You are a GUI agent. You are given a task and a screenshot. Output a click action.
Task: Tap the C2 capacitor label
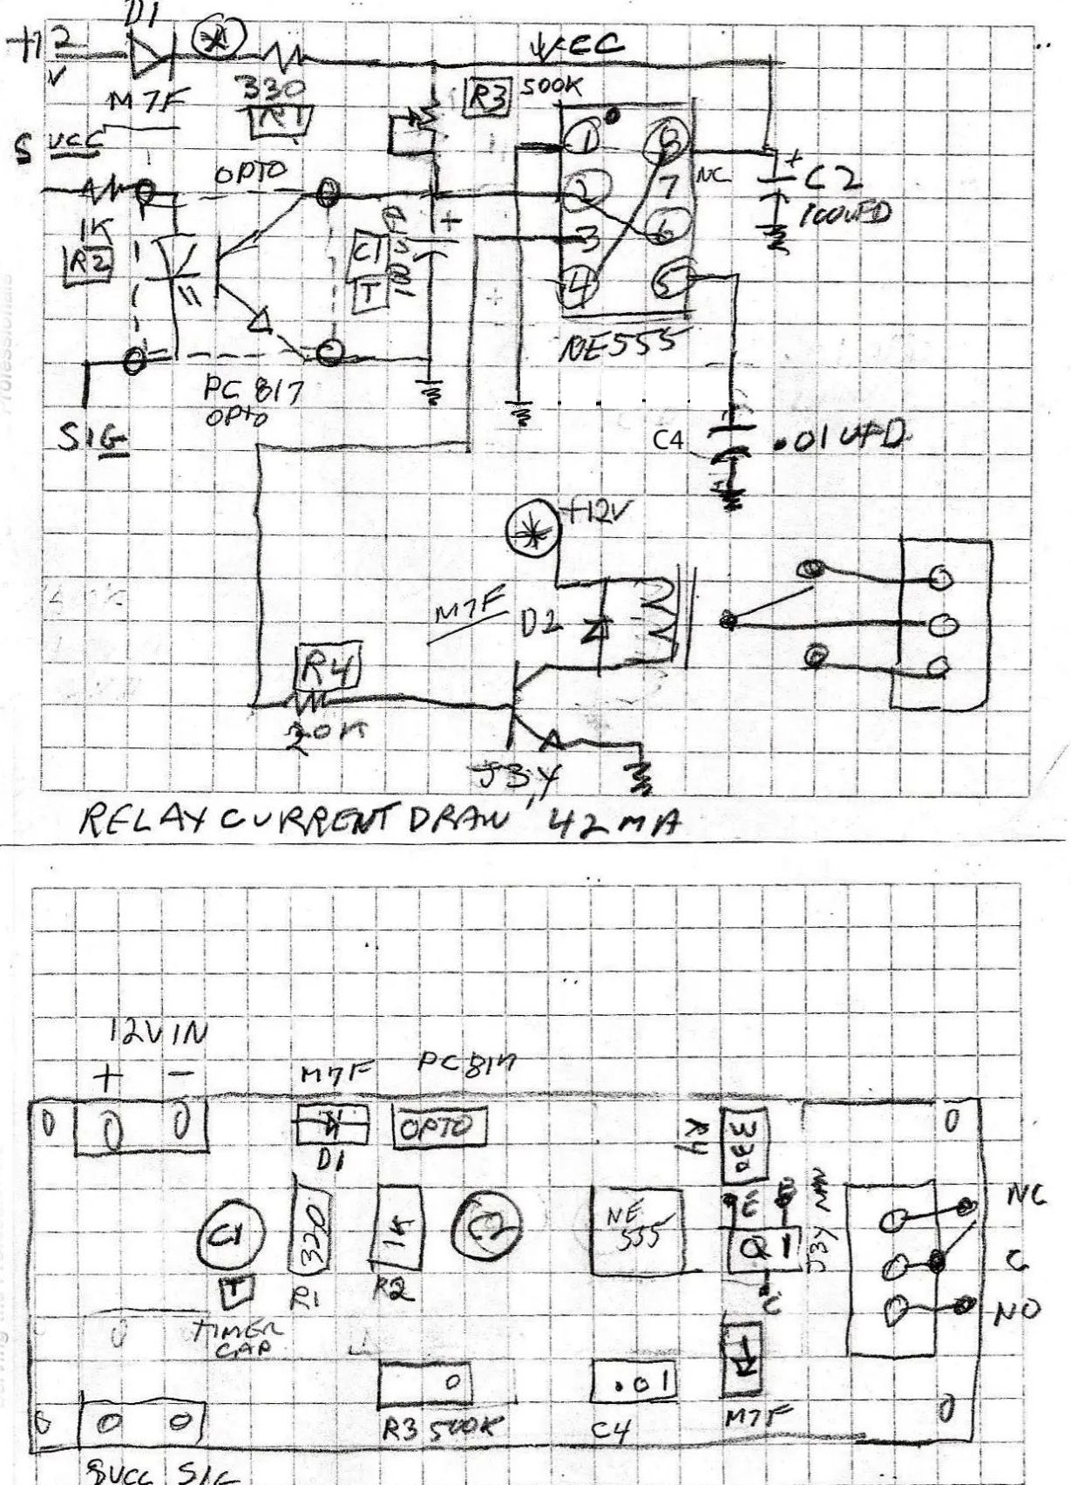[832, 180]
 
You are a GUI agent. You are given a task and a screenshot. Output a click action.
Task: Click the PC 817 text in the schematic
[253, 390]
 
